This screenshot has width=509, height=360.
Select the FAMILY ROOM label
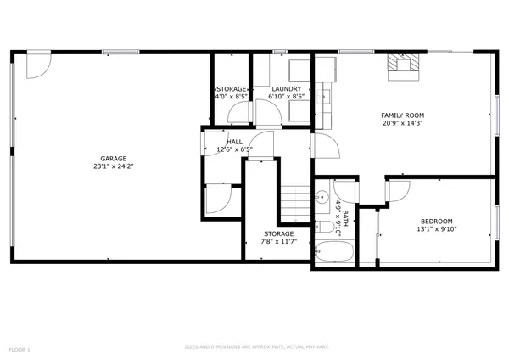402,115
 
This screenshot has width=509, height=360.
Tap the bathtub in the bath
333,253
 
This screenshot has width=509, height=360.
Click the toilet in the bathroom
325,228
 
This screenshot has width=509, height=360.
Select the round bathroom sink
323,198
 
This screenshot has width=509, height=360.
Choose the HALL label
235,142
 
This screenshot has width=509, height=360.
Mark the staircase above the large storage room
293,201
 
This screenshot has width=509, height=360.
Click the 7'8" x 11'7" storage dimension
277,242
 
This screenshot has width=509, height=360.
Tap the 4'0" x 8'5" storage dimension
231,97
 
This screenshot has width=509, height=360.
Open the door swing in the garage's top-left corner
38,65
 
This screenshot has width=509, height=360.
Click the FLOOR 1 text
20,349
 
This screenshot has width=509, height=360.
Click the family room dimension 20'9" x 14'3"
402,123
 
